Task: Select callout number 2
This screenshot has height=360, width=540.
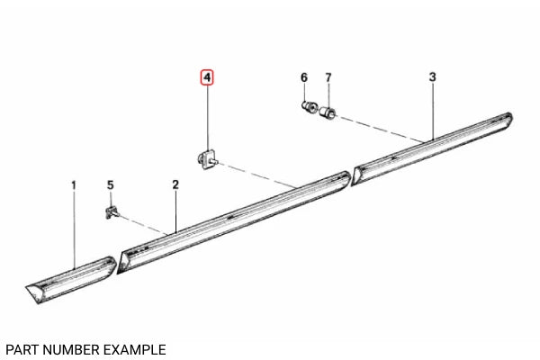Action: click(x=175, y=184)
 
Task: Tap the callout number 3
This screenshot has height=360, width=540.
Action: click(x=432, y=78)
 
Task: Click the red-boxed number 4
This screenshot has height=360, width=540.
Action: click(x=207, y=78)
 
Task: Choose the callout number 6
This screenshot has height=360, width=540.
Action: click(x=304, y=78)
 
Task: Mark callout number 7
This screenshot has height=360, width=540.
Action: click(x=328, y=78)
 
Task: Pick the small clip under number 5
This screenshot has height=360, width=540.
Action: click(x=110, y=212)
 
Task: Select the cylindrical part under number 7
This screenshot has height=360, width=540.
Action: click(x=328, y=112)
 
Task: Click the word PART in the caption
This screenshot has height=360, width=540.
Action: click(x=21, y=348)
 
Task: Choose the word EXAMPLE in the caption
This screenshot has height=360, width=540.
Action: click(x=137, y=348)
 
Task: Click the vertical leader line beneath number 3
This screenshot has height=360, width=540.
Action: click(x=432, y=108)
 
